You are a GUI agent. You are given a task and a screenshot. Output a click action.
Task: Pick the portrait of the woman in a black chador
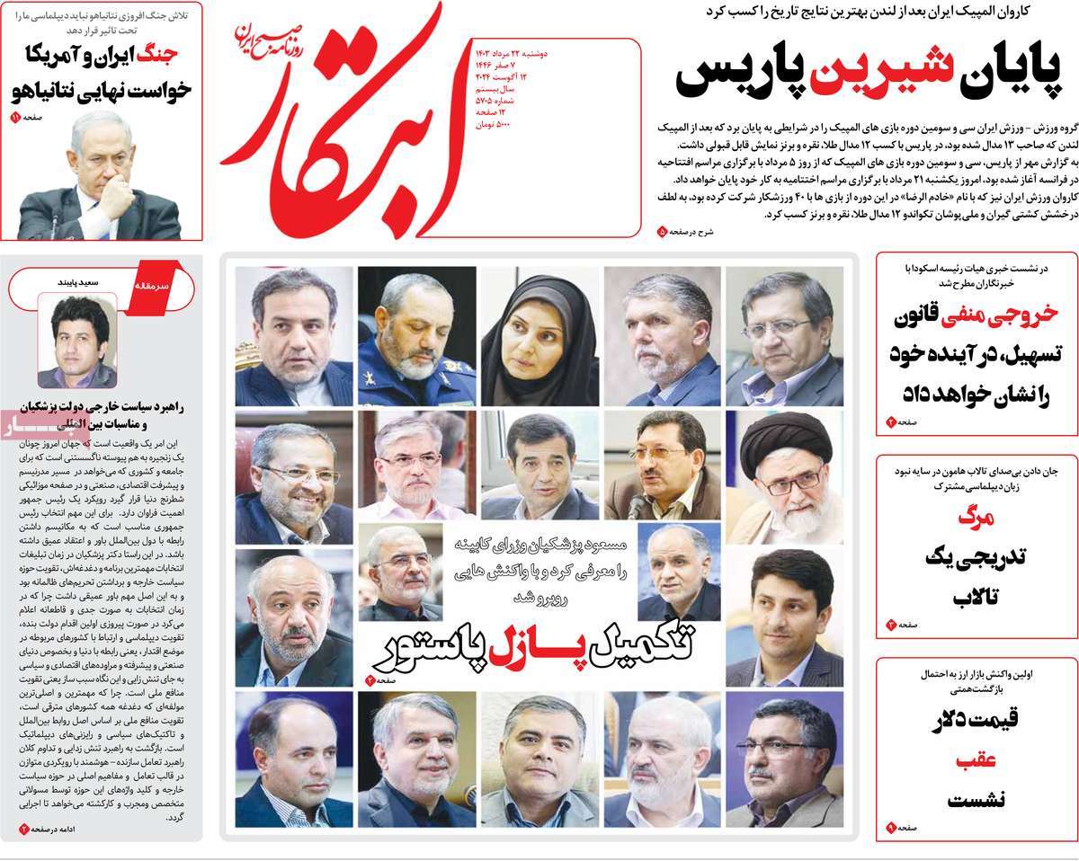coord(538,337)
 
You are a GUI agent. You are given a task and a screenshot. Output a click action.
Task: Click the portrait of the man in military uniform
coord(416,337)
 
